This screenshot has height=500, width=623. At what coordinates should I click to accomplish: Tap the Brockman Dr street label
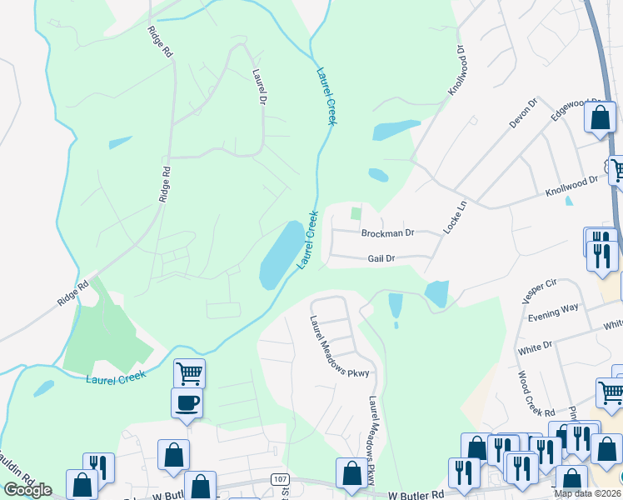coord(387,233)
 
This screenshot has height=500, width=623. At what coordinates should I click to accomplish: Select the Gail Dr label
coord(380,258)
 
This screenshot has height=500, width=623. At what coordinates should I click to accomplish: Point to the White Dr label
coord(535,345)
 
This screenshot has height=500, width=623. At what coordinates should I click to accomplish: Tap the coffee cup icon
coord(187,403)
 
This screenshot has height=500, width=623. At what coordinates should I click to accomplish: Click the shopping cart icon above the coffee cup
coord(190,373)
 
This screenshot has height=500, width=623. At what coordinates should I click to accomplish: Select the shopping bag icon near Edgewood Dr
coord(600,117)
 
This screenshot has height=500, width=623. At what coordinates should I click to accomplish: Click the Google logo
coord(27,490)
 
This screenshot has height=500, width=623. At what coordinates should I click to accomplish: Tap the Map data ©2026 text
coord(587,493)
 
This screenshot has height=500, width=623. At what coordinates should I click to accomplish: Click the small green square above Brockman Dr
coord(356,214)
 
